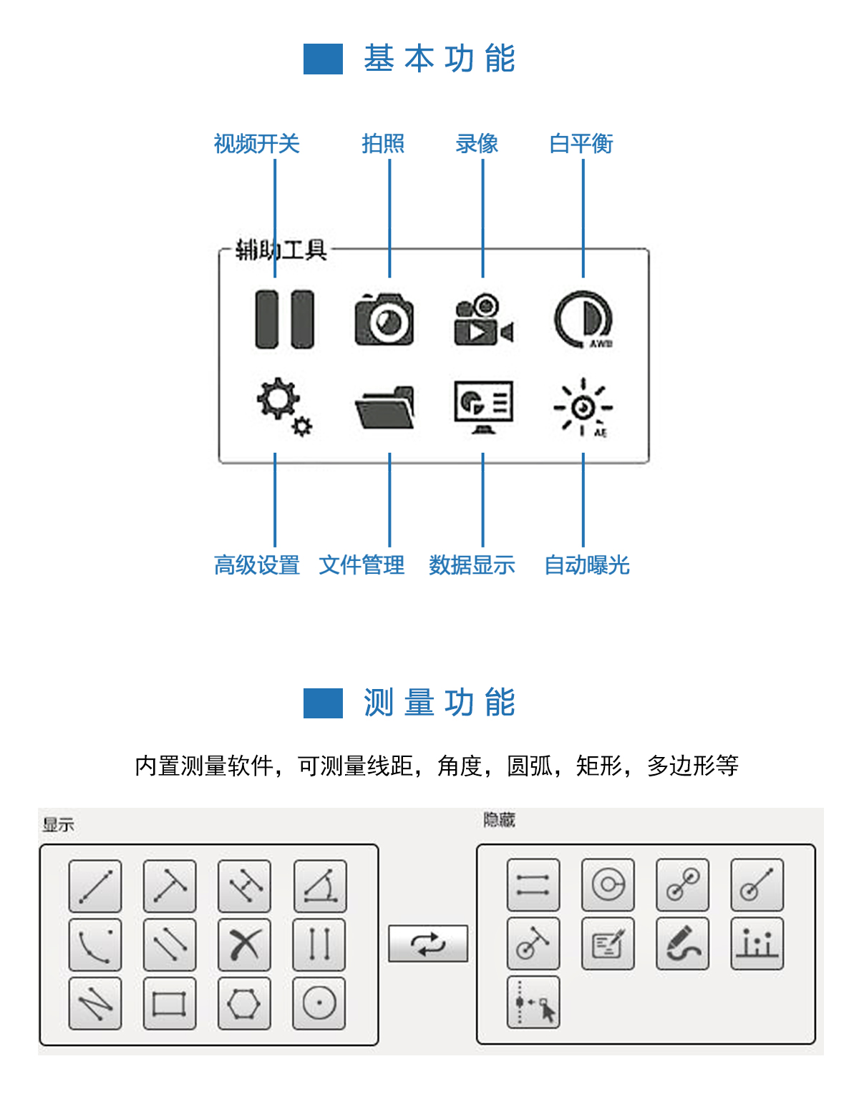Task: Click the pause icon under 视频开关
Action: [x=284, y=319]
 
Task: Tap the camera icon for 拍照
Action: [x=384, y=319]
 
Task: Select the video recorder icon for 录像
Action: [x=483, y=319]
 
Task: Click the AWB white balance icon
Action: [x=583, y=319]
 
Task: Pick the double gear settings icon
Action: [x=284, y=406]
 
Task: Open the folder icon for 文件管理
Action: [x=384, y=406]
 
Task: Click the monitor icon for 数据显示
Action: [x=483, y=406]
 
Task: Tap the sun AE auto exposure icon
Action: [x=583, y=406]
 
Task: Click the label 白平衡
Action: [x=581, y=144]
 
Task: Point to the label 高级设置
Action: [x=256, y=565]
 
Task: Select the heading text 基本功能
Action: [x=439, y=59]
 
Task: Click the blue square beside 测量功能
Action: [x=323, y=703]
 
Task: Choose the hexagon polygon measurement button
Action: [x=244, y=1003]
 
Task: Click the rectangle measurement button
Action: [x=170, y=1003]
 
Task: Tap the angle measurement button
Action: [x=319, y=886]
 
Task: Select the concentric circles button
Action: [x=608, y=884]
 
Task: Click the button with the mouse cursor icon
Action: [x=533, y=1002]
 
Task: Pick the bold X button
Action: [x=244, y=944]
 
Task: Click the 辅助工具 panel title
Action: [x=281, y=250]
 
